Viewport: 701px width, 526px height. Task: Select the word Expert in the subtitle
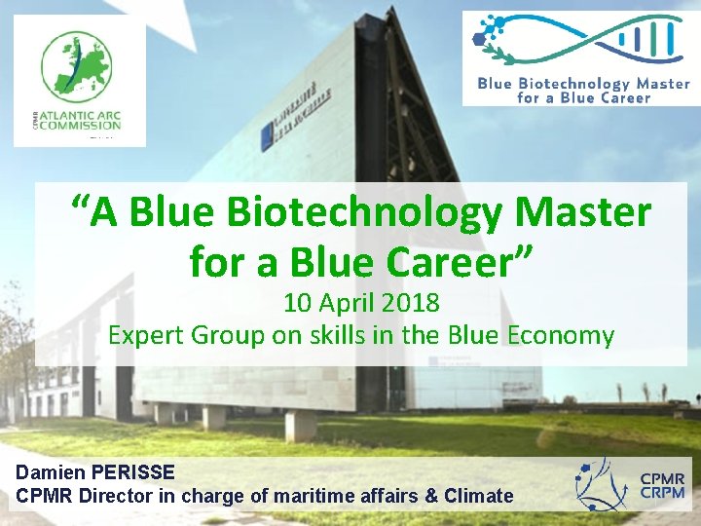coord(147,336)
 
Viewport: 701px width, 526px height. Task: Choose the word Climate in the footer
coord(478,496)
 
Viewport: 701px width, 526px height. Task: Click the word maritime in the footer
coord(314,496)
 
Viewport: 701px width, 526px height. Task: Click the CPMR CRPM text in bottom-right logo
coord(662,485)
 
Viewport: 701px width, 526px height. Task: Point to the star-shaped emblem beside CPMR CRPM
coord(602,484)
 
